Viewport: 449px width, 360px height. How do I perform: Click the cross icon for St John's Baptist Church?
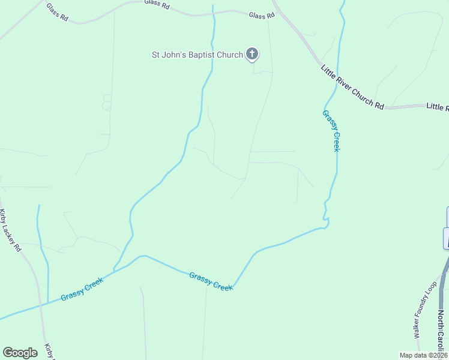point(252,55)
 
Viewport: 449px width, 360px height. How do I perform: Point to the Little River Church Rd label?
point(352,87)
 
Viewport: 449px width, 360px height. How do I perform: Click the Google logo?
point(20,353)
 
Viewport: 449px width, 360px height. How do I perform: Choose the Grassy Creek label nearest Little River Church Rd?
point(331,130)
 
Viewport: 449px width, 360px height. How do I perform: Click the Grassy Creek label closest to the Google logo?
point(82,290)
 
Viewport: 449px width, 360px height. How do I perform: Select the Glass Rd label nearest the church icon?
point(261,16)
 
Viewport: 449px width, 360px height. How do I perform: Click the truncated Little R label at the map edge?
point(437,107)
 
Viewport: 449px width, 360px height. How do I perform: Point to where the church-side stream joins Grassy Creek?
point(114,269)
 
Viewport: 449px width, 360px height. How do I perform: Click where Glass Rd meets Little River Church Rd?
point(276,10)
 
